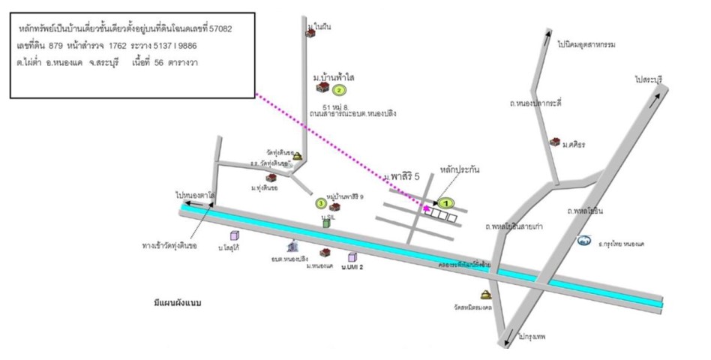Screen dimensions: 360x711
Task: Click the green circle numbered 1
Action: pyautogui.click(x=447, y=202)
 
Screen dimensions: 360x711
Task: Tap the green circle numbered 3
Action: pyautogui.click(x=320, y=203)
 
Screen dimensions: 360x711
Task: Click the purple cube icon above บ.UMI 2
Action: pyautogui.click(x=352, y=257)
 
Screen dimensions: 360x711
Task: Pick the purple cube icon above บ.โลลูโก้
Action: pyautogui.click(x=234, y=236)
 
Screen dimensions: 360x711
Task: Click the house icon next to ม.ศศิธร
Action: pyautogui.click(x=554, y=142)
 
